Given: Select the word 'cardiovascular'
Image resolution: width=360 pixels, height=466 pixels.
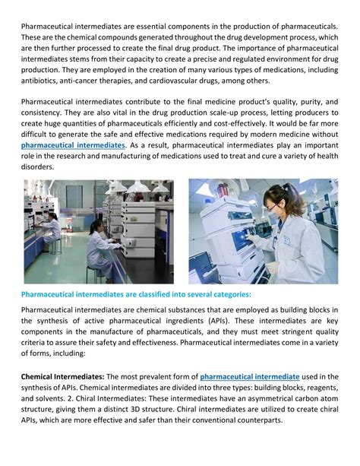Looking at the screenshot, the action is pyautogui.click(x=193, y=78).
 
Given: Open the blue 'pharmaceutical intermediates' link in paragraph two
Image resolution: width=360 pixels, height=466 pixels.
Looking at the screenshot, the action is pyautogui.click(x=73, y=144).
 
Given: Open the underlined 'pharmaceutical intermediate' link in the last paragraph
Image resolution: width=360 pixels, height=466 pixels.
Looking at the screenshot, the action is pyautogui.click(x=250, y=376).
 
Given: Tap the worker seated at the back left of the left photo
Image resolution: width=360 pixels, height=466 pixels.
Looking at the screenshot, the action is pyautogui.click(x=53, y=227).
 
